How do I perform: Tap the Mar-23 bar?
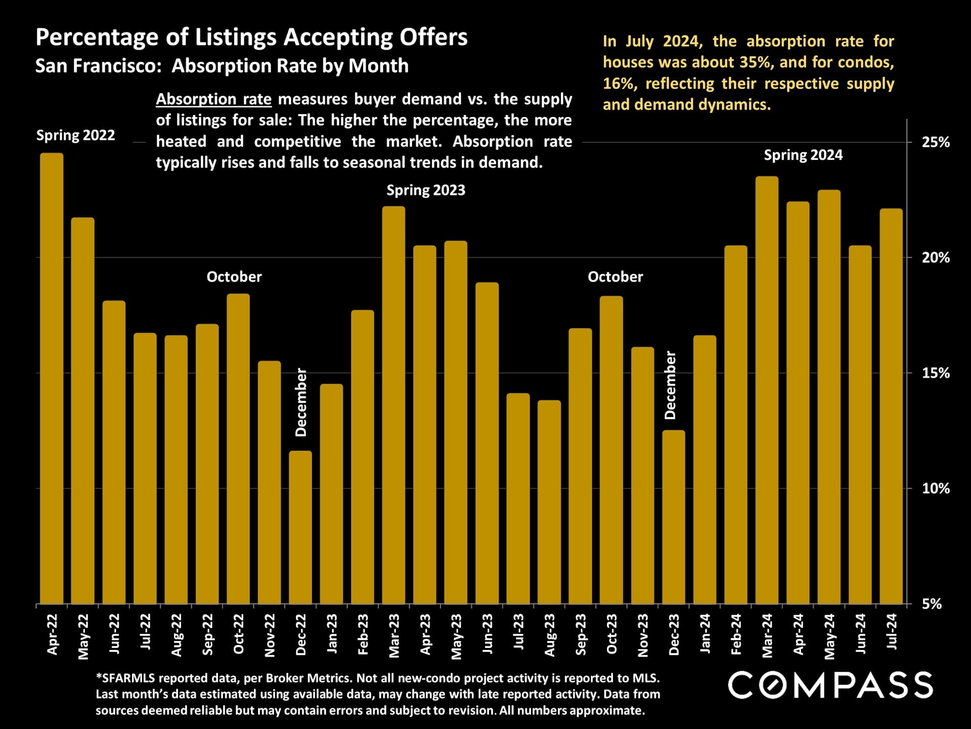click(x=393, y=405)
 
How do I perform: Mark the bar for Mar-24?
click(x=767, y=390)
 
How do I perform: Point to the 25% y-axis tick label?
click(x=936, y=142)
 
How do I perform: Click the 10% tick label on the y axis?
click(x=936, y=489)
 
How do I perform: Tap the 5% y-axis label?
click(x=932, y=604)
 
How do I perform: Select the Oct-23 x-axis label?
click(x=612, y=634)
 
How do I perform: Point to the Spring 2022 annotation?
click(x=75, y=135)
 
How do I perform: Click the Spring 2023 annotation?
click(x=426, y=190)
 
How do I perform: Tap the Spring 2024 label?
click(x=803, y=155)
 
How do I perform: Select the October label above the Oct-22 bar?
click(x=234, y=277)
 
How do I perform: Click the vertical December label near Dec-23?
click(x=670, y=385)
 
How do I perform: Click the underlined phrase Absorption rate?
click(x=213, y=99)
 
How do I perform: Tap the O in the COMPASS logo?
click(x=772, y=685)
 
